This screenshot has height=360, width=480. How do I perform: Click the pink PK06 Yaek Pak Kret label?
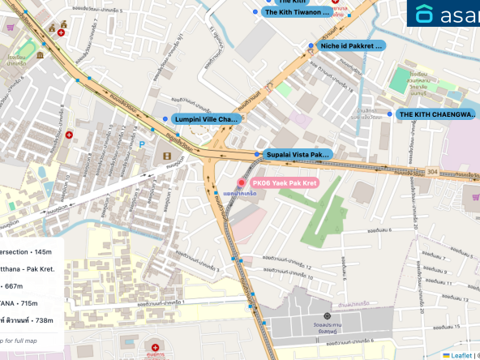[x=284, y=183]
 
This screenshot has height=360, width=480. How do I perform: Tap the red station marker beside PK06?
[x=241, y=183]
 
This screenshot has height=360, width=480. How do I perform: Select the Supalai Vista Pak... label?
[x=297, y=154]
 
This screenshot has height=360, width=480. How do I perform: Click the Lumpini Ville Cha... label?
[x=206, y=119]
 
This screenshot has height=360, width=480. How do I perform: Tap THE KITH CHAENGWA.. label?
[x=436, y=114]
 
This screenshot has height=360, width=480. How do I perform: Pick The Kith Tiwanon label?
[x=297, y=12]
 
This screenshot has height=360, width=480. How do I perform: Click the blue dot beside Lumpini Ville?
[x=165, y=119]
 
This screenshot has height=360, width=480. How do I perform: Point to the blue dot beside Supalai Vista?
[x=258, y=154]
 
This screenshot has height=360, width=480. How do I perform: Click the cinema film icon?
[x=166, y=156]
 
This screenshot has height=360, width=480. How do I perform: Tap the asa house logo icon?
[x=425, y=14]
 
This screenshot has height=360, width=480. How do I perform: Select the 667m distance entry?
[x=14, y=286]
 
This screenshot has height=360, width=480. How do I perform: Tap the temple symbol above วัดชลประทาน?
[x=327, y=316]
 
